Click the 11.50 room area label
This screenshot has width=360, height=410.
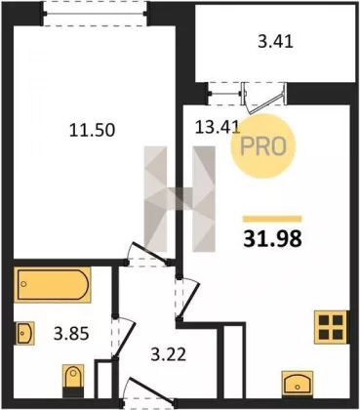pos(93,130)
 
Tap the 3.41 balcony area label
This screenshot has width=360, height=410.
pos(275,42)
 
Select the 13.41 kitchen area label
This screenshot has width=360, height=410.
pos(218,128)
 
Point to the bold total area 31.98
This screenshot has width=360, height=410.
pos(273,239)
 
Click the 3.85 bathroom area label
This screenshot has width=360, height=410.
pos(71,334)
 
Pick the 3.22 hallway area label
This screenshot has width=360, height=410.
pos(169,354)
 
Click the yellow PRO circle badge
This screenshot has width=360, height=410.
pos(263,147)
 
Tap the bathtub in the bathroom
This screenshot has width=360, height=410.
pos(53,284)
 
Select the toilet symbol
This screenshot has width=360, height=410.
pos(73,381)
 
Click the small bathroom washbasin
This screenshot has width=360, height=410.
pos(25,333)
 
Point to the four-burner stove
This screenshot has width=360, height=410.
pos(331,327)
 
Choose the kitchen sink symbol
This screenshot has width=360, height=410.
pos(298,384)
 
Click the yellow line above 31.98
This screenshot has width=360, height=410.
pos(272,219)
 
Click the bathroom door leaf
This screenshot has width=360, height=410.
pos(124,339)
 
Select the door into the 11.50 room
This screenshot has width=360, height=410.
pos(148,253)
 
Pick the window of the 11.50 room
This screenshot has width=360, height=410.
pos(96,14)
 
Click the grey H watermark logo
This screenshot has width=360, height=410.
pos(180,199)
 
